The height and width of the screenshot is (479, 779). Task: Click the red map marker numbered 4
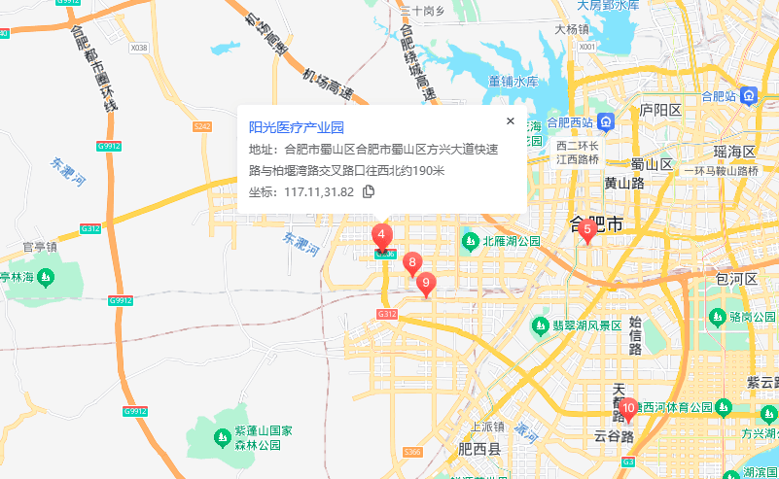click(382, 235)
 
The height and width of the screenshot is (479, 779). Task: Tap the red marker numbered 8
click(412, 262)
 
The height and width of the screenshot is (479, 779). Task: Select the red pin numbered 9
click(426, 283)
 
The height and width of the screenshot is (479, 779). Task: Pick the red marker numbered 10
click(628, 409)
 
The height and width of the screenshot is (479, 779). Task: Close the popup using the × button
click(510, 121)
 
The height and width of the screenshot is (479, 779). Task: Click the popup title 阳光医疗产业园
click(297, 127)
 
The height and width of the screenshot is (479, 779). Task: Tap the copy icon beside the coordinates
click(369, 191)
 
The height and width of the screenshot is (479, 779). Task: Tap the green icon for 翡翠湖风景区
click(539, 325)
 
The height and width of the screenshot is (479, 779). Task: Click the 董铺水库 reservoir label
click(513, 82)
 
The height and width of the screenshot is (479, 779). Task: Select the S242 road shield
click(202, 126)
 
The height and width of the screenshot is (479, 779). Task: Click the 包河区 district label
click(736, 279)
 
